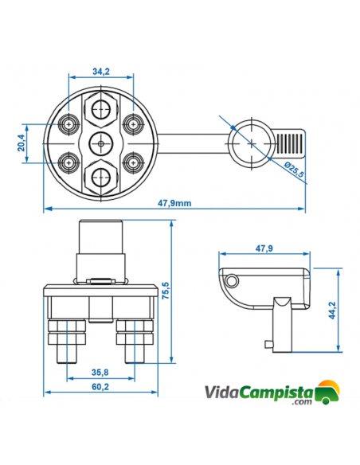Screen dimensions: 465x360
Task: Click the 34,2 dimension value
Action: pyautogui.click(x=101, y=71)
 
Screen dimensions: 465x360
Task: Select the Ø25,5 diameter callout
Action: pyautogui.click(x=294, y=170)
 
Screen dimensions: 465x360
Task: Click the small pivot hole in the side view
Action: pyautogui.click(x=232, y=281)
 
